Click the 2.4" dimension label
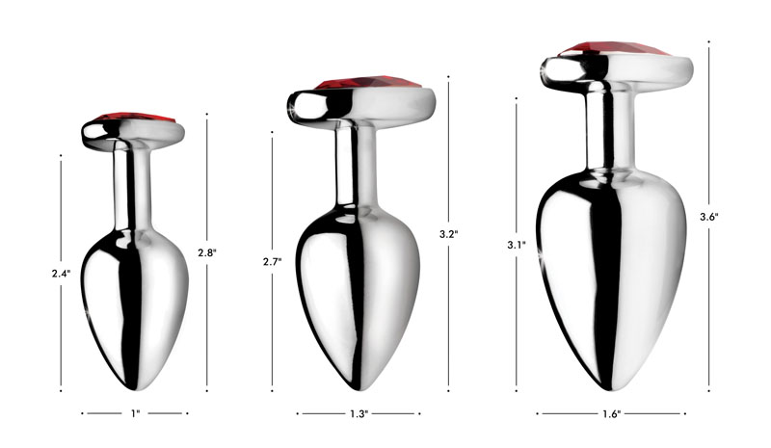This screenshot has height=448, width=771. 61,273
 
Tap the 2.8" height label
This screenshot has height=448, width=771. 206,252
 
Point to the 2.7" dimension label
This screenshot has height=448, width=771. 273,261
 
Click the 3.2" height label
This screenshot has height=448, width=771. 448,234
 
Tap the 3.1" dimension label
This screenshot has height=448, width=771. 516,246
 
